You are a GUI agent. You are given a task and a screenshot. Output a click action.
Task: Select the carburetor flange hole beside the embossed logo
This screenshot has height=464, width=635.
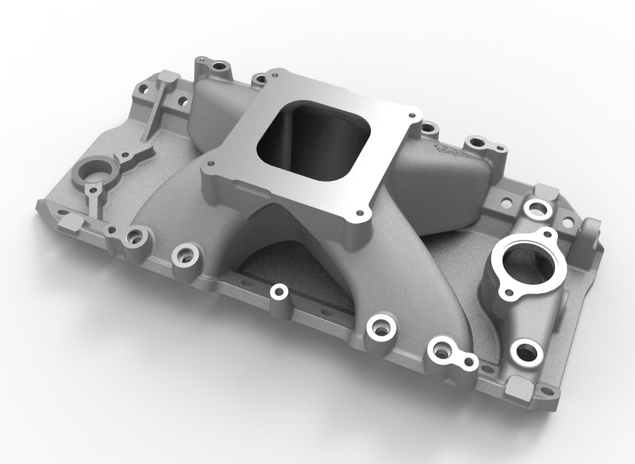click(x=412, y=115)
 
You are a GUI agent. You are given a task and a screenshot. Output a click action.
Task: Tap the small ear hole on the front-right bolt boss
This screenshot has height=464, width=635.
click(x=471, y=362)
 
